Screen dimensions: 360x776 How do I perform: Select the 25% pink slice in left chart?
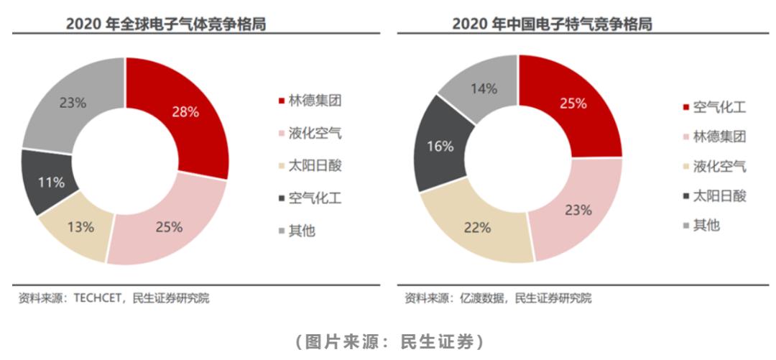169,226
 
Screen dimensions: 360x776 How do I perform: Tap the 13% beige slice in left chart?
80,227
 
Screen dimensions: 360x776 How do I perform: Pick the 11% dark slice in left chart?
51,182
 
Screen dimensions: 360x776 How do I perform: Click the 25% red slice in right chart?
573,103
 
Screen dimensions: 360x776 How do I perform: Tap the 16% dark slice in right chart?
440,147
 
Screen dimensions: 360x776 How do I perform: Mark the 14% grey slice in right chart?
483,89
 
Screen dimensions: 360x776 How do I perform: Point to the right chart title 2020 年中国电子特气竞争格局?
552,24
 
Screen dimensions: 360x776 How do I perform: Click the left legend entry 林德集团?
314,101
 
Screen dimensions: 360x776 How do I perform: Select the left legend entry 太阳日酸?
314,165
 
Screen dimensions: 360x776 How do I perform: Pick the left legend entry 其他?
301,231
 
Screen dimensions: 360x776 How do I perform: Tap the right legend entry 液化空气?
719,167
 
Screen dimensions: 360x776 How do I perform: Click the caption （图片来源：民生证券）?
389,341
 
